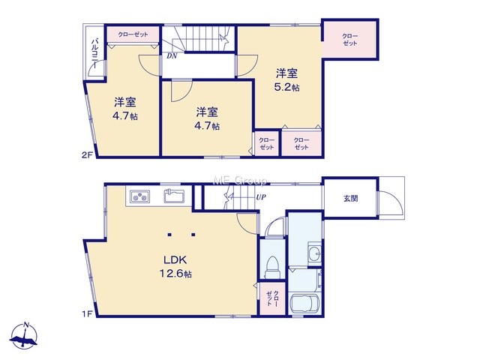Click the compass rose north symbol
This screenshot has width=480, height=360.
tap(24, 335)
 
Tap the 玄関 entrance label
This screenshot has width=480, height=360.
tap(350, 198)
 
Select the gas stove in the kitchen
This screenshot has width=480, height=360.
tap(140, 196)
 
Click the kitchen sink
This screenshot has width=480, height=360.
tap(174, 196)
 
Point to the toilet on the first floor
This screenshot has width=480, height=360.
tap(272, 267)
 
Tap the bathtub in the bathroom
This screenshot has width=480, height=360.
tap(305, 303)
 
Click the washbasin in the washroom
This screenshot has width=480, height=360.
tap(315, 252)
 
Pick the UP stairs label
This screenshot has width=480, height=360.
tap(261, 197)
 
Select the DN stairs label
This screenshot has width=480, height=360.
tap(172, 56)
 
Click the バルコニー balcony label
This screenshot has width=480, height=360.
tap(95, 53)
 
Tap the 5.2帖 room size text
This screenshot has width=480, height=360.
tap(286, 88)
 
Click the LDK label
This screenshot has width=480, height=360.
tap(175, 260)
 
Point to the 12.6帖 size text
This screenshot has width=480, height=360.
tap(175, 273)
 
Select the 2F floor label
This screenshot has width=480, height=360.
tap(87, 155)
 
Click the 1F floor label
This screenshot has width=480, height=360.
tap(87, 313)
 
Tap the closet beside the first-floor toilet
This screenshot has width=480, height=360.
tap(272, 298)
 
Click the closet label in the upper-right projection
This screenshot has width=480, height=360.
tap(350, 40)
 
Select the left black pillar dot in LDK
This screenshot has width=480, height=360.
tap(169, 235)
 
